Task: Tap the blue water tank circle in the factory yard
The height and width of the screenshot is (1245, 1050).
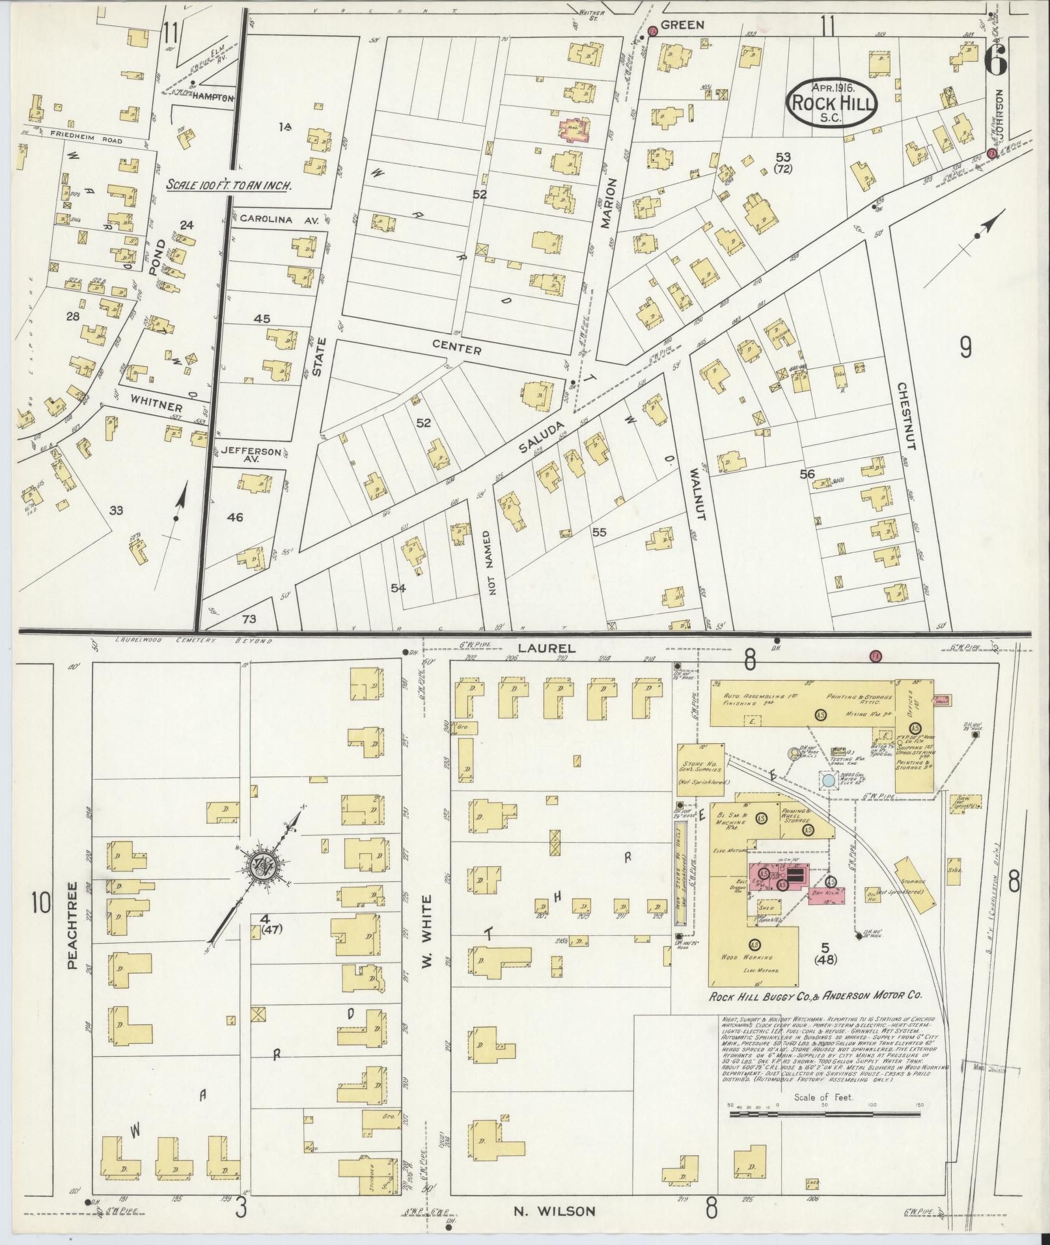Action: point(828,780)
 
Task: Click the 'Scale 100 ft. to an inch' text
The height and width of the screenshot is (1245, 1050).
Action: point(228,185)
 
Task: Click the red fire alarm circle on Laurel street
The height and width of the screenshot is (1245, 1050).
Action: point(876,655)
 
